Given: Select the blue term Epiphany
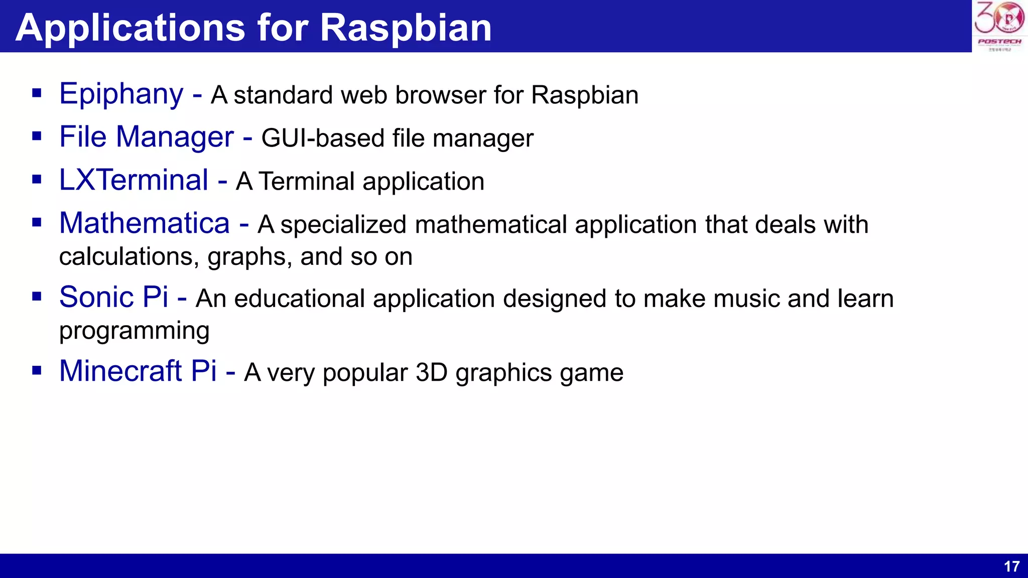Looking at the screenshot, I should tap(121, 94).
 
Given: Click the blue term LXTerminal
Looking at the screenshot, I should tap(134, 180).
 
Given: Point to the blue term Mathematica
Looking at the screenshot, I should tap(145, 223).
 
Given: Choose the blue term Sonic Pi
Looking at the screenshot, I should tap(113, 297).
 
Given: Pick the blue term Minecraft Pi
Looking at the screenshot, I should tap(138, 371).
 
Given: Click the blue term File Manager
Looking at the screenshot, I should tap(147, 137).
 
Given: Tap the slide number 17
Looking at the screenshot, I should tap(1011, 566).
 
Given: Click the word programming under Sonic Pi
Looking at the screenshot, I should tap(134, 331).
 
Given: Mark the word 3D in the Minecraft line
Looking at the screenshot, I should tap(431, 372).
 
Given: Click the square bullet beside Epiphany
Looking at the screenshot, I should tap(37, 93).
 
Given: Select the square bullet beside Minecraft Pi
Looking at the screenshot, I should tap(37, 371).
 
